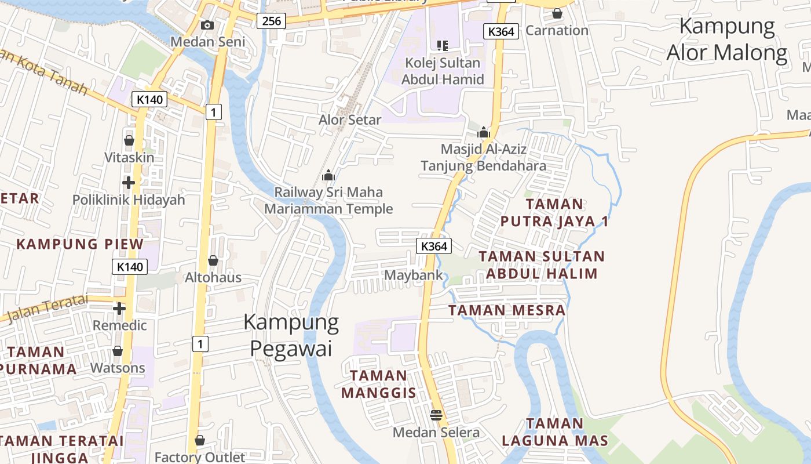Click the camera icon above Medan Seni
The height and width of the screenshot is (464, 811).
tap(207, 25)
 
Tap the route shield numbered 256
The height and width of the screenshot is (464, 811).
tap(271, 21)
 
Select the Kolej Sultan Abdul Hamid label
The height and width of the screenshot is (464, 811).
tap(443, 71)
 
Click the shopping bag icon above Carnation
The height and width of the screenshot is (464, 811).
tap(557, 13)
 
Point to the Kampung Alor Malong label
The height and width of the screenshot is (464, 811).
tap(727, 39)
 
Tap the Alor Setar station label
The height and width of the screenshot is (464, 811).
tap(350, 120)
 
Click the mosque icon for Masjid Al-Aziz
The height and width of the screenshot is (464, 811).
tap(484, 133)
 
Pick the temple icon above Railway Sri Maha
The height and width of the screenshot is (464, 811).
tap(328, 175)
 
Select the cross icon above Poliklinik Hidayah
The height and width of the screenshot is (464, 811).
tap(129, 183)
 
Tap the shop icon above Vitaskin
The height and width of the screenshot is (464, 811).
tap(129, 140)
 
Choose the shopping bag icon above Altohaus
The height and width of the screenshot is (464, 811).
tap(213, 260)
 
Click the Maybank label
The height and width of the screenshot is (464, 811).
tap(414, 275)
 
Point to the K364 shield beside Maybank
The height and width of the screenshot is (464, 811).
tap(434, 246)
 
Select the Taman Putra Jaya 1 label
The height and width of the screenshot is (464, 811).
tap(554, 212)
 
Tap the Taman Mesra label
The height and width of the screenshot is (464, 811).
tap(507, 310)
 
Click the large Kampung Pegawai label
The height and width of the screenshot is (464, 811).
tap(291, 335)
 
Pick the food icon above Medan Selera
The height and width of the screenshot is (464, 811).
tap(436, 415)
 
